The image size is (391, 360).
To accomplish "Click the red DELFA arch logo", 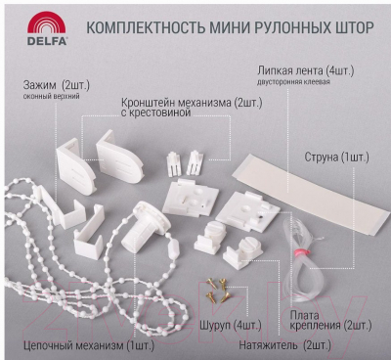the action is pyautogui.click(x=47, y=22).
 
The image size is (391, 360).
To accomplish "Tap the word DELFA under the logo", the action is pyautogui.click(x=47, y=41).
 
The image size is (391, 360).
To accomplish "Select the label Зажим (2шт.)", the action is pyautogui.click(x=56, y=85).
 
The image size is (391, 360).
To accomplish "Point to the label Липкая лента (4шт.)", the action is pyautogui.click(x=305, y=70).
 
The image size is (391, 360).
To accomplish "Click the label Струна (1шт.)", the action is pyautogui.click(x=336, y=157).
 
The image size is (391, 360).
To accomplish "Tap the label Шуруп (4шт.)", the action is pyautogui.click(x=231, y=325).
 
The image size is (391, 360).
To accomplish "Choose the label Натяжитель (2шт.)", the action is pyautogui.click(x=284, y=345).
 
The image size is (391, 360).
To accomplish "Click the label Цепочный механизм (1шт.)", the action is pyautogui.click(x=89, y=345).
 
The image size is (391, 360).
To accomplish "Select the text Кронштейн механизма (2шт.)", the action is pyautogui.click(x=192, y=103).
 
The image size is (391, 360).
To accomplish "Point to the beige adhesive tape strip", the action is pyautogui.click(x=311, y=194).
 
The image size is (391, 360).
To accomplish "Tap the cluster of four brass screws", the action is pyautogui.click(x=218, y=291).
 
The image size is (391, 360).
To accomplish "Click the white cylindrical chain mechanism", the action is pyautogui.click(x=146, y=227).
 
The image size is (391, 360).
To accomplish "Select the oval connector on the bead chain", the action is pyautogui.click(x=173, y=248).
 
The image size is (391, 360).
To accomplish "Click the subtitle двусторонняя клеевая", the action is pyautogui.click(x=293, y=82).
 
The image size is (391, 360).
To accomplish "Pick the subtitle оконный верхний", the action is pyautogui.click(x=51, y=97).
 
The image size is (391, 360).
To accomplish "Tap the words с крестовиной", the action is pyautogui.click(x=155, y=112).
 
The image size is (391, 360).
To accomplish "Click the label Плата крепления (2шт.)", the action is pyautogui.click(x=330, y=320).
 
